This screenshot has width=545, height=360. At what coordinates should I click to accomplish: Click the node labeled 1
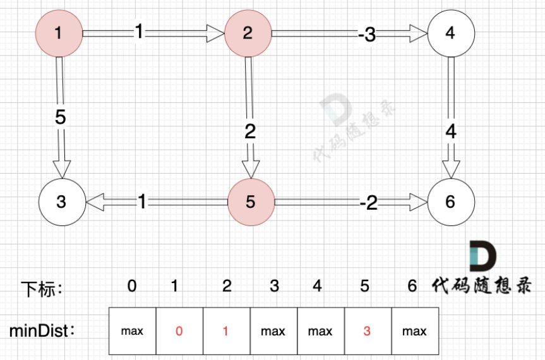(59, 33)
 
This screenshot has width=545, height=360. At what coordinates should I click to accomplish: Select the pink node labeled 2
(248, 33)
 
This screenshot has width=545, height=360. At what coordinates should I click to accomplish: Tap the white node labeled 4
(450, 33)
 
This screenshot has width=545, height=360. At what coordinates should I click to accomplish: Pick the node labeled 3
(61, 202)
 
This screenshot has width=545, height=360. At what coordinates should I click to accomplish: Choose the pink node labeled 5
(251, 202)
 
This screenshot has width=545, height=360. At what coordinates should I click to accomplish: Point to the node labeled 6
(450, 202)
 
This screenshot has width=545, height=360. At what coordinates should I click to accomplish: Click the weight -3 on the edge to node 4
(366, 35)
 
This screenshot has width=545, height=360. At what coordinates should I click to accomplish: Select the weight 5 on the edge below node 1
(61, 118)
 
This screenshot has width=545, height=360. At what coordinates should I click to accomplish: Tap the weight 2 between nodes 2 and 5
(250, 132)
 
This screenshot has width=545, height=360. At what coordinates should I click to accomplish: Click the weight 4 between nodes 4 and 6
(450, 132)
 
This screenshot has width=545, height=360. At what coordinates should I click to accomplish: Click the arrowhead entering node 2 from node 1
(216, 33)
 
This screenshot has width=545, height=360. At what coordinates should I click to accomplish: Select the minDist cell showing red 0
(179, 330)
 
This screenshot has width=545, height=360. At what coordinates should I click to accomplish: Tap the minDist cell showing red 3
(368, 330)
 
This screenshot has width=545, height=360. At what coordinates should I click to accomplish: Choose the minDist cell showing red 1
(227, 330)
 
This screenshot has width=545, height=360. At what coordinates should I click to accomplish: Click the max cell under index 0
(132, 330)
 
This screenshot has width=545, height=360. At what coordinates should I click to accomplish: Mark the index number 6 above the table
(412, 287)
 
